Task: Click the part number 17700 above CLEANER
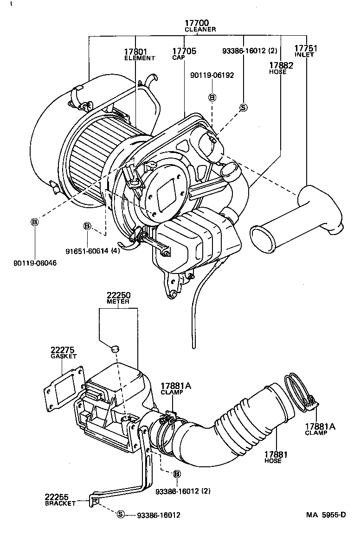197,22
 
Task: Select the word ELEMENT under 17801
139,58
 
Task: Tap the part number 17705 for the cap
184,51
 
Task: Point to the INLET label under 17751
304,55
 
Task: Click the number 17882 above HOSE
281,65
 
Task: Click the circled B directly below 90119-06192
212,97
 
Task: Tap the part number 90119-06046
35,262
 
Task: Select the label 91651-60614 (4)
92,251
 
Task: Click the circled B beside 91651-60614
87,226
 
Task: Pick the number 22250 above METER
118,295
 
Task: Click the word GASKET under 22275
64,356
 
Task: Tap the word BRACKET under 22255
60,503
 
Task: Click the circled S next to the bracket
121,514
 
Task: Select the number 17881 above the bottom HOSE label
273,455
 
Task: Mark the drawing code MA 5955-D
326,515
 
